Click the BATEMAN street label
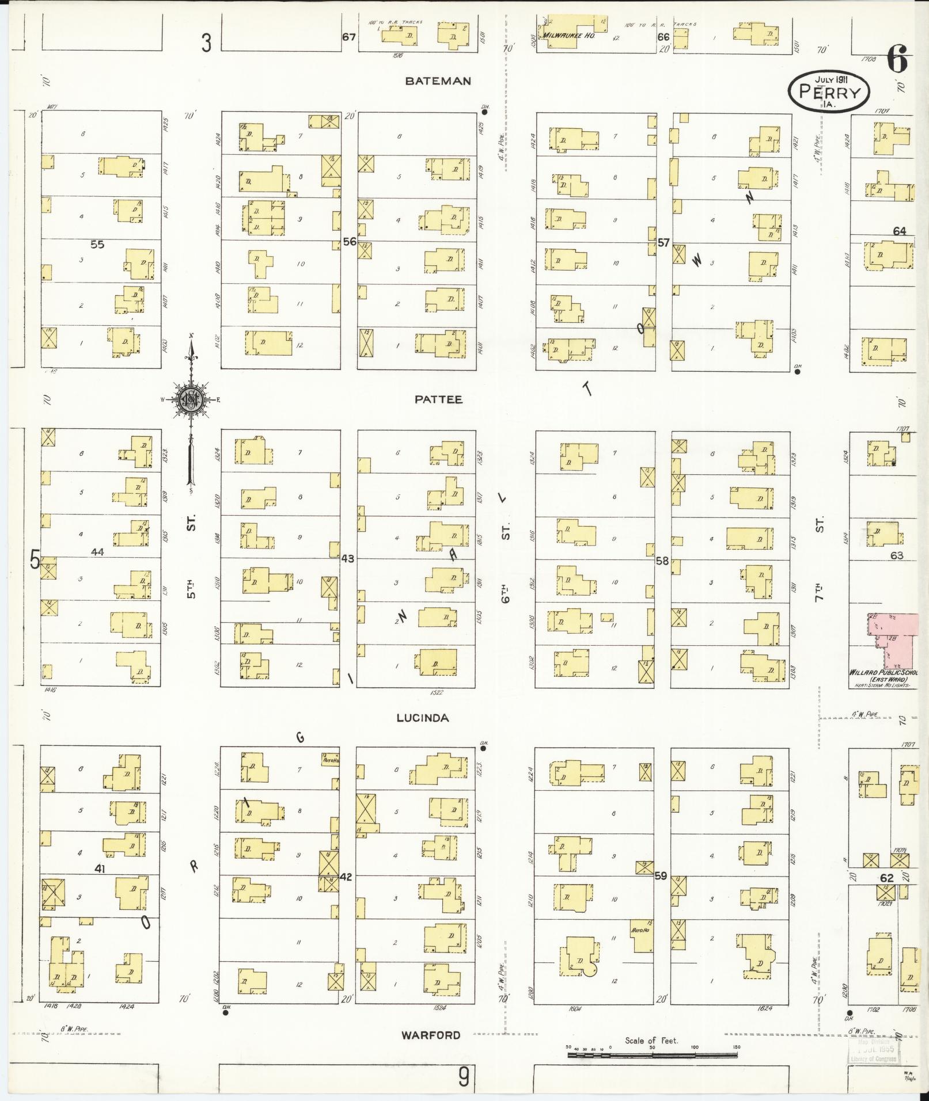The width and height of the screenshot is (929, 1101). pos(438,81)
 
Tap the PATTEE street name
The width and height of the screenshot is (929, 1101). pos(438,399)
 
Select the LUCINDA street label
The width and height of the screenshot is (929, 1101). pos(422,718)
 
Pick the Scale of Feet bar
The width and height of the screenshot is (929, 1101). pos(652,1055)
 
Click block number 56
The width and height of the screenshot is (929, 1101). pos(350,242)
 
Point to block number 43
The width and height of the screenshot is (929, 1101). pos(347,558)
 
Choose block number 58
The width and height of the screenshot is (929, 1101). pos(662,560)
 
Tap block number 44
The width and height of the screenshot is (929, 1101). pos(97,551)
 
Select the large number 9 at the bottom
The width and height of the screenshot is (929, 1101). pos(464,1077)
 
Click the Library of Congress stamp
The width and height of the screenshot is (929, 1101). pos(874,1052)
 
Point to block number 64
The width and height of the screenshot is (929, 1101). pos(899,231)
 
